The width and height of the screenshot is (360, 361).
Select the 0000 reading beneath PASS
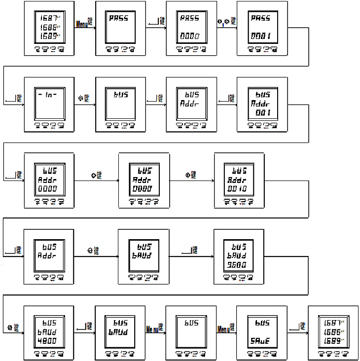pos(190,36)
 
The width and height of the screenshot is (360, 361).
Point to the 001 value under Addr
pos(264,113)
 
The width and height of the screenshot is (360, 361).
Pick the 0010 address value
pos(240,189)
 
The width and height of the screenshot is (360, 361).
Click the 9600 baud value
pos(239,265)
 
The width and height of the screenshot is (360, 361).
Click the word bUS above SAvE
pos(262,323)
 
